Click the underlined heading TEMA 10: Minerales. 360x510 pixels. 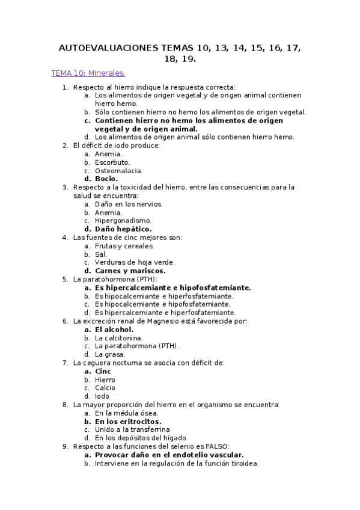(88, 73)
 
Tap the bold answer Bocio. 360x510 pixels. (106, 179)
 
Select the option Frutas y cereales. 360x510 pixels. (124, 246)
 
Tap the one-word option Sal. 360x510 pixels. (101, 254)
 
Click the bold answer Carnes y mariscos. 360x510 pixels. (130, 271)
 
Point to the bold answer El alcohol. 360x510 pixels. (114, 330)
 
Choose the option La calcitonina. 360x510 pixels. (119, 338)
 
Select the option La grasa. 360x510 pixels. (110, 355)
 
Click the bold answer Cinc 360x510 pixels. (103, 372)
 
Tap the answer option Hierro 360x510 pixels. (105, 380)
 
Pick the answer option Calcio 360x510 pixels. (105, 388)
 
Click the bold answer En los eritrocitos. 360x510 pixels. (128, 422)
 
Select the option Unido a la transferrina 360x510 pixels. (132, 430)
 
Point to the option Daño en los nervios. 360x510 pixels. (129, 204)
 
